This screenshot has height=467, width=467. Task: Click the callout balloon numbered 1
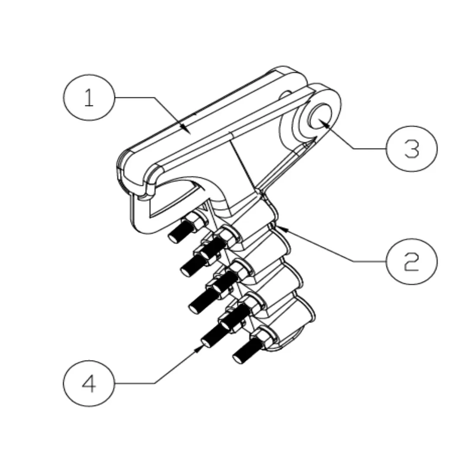(89, 98)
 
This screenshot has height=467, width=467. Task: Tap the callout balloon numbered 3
(412, 149)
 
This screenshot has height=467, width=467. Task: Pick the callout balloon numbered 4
(89, 383)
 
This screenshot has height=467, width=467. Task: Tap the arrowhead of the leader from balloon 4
(201, 347)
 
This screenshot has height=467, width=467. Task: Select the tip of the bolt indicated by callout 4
(207, 342)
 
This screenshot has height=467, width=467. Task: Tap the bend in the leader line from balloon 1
(155, 98)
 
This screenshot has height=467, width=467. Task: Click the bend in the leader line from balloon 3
(355, 149)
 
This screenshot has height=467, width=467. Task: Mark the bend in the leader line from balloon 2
(355, 262)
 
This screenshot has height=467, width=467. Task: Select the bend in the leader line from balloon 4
(155, 383)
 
